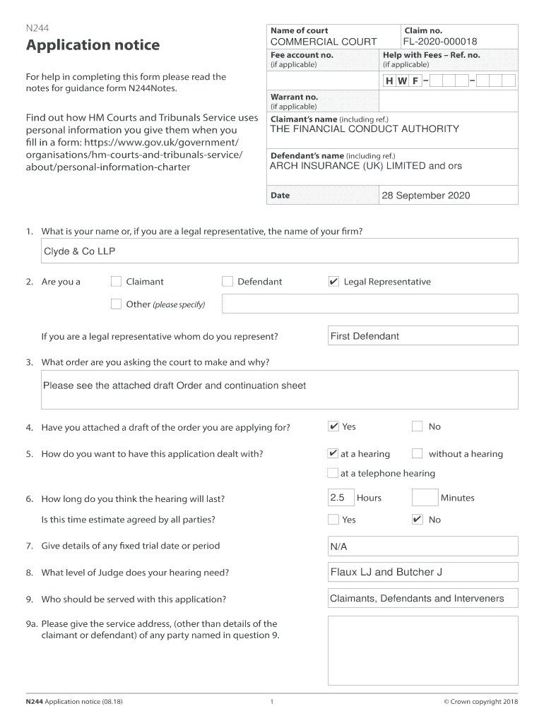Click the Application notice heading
click(x=93, y=46)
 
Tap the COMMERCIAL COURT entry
click(x=324, y=42)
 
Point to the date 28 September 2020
click(x=425, y=196)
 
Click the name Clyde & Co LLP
click(x=80, y=251)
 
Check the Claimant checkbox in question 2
click(x=117, y=282)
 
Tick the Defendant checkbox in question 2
click(x=227, y=282)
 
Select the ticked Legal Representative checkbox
click(x=333, y=282)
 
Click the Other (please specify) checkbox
click(x=117, y=304)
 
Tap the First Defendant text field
click(x=422, y=336)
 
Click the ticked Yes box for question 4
click(x=333, y=426)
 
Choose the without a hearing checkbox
click(x=417, y=454)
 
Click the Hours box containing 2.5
click(x=339, y=498)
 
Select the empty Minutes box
click(x=425, y=498)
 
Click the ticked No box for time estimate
click(x=417, y=520)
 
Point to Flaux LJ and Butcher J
click(x=386, y=572)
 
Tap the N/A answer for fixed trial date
click(x=339, y=547)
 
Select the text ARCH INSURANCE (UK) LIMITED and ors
click(x=365, y=166)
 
